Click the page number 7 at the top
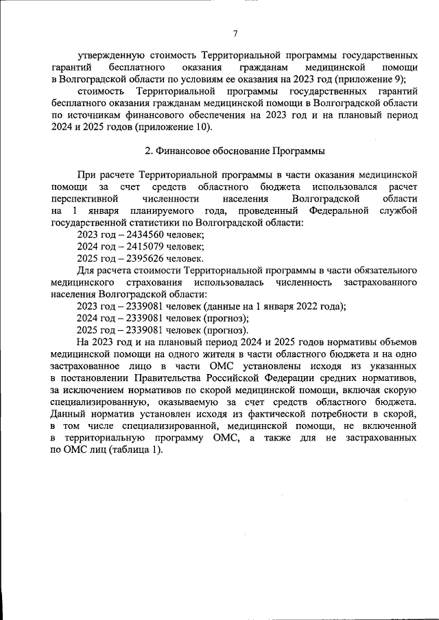235,34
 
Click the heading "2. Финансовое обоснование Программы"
235,150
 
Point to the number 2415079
138,247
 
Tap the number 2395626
138,258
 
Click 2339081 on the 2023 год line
138,306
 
